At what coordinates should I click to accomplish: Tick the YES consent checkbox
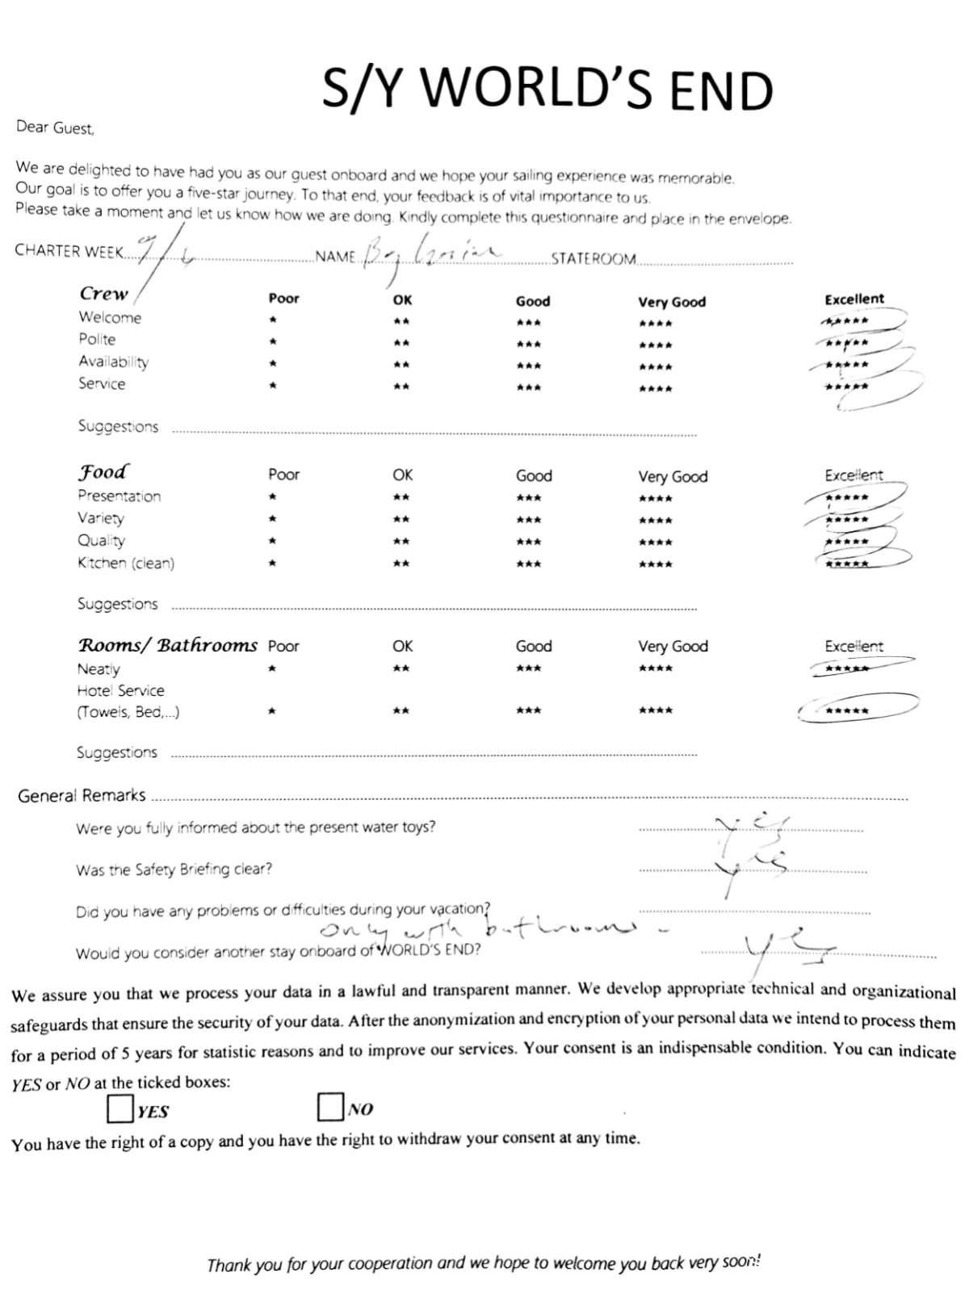click(120, 1108)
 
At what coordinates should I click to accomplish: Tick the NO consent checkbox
click(330, 1107)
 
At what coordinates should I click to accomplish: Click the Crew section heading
click(103, 294)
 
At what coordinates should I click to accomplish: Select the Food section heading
click(103, 472)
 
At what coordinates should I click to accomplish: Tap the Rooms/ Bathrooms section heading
click(167, 645)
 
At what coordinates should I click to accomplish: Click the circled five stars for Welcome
click(846, 321)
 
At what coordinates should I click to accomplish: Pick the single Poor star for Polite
click(274, 342)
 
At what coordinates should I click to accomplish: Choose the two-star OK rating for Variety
click(401, 520)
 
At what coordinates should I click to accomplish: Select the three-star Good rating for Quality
click(529, 542)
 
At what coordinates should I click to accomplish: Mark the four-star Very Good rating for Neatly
click(655, 668)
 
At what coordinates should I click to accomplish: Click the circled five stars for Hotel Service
click(847, 710)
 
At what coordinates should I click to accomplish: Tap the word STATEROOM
click(594, 259)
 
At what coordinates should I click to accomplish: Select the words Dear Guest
click(55, 128)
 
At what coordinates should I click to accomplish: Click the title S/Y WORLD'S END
click(547, 88)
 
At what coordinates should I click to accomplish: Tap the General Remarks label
click(82, 796)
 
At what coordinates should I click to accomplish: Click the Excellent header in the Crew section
click(854, 299)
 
